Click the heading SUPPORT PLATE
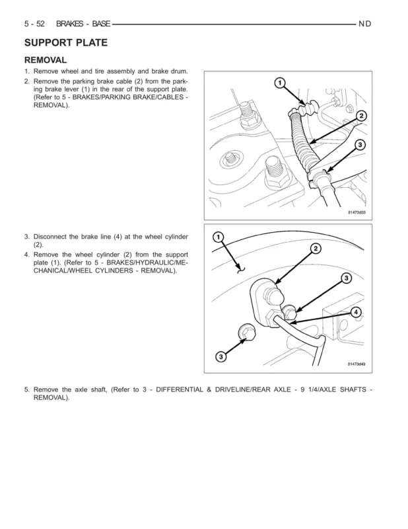(66, 43)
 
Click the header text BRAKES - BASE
(83, 24)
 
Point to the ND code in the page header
(365, 24)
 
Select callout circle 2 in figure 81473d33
(361, 115)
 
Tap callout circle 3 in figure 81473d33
(360, 144)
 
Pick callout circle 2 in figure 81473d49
(316, 248)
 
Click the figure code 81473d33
(357, 212)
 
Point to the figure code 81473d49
(357, 364)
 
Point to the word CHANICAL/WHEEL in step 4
(63, 271)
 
